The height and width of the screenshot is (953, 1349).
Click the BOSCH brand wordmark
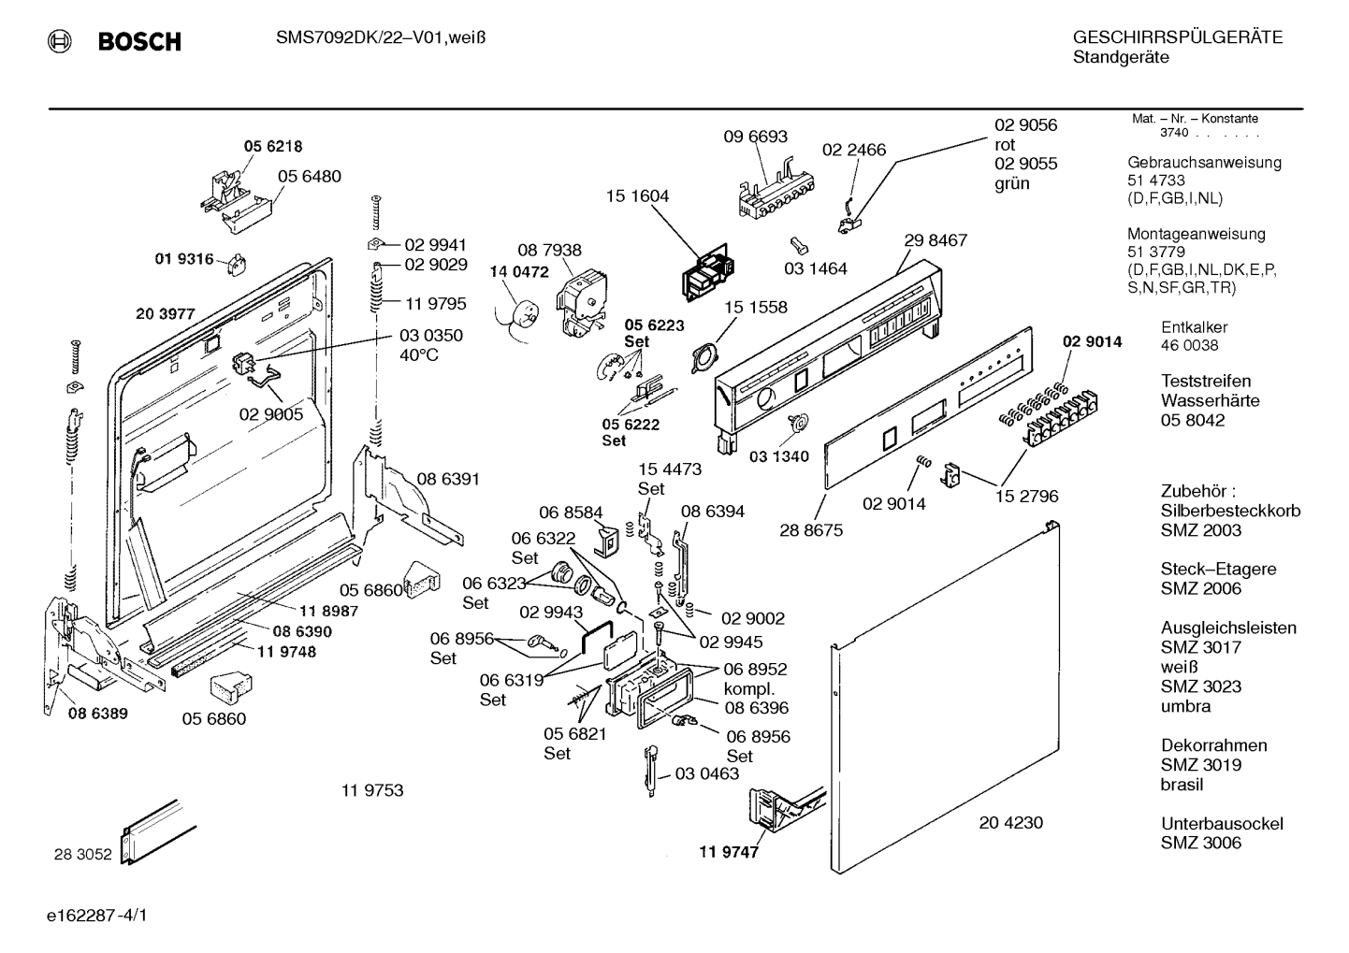click(139, 41)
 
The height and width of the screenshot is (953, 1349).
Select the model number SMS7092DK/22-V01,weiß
click(381, 38)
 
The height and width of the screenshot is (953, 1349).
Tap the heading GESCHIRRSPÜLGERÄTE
click(1178, 37)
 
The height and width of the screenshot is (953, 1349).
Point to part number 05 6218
click(273, 146)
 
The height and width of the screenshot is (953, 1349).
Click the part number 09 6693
click(755, 137)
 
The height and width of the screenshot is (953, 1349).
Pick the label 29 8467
click(936, 240)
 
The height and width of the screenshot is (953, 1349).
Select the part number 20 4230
click(1010, 822)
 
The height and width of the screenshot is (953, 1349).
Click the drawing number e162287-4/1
click(96, 916)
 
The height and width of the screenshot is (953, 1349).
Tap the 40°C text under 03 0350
click(418, 355)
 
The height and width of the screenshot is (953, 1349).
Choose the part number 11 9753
click(372, 790)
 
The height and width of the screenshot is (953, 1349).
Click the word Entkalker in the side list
click(1194, 327)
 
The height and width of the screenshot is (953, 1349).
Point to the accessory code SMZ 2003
click(1201, 530)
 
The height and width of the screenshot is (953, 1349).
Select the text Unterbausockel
click(1222, 824)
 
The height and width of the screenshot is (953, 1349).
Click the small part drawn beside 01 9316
click(237, 265)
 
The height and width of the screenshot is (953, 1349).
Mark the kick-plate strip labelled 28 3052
click(158, 832)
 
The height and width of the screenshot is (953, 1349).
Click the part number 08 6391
click(448, 479)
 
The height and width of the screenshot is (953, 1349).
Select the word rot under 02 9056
click(1005, 145)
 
